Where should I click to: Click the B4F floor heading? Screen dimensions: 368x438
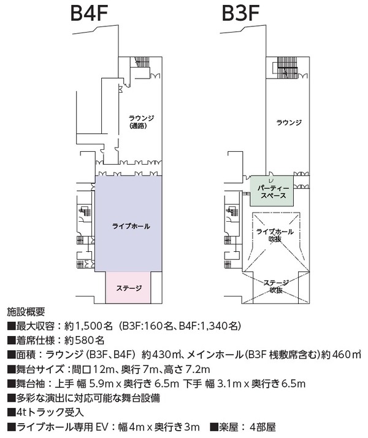89,13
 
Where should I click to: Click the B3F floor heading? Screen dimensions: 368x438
241,13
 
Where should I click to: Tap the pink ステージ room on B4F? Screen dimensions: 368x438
128,287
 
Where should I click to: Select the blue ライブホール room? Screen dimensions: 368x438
129,224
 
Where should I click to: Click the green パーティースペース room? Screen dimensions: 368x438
272,191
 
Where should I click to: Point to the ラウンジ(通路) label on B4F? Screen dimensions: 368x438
142,122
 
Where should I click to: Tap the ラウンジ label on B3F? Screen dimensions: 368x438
289,122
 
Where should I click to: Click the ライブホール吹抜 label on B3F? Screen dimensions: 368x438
275,235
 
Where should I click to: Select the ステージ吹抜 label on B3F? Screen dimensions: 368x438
276,287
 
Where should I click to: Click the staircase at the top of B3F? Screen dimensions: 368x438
287,68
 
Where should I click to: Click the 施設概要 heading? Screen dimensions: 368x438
26,311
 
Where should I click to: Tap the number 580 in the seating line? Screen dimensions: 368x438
85,340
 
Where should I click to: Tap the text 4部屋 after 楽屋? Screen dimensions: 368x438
263,427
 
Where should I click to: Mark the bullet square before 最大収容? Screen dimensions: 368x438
11,326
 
